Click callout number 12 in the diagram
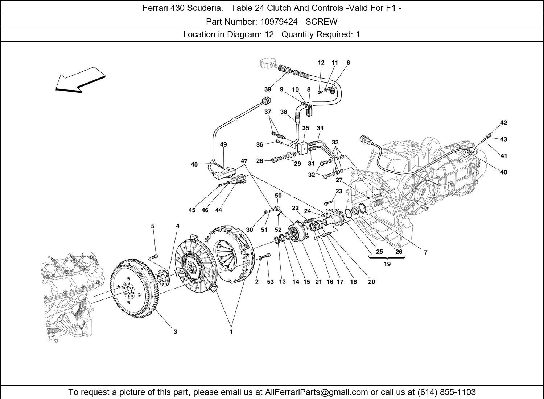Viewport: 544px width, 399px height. point(321,63)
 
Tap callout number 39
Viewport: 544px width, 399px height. point(268,89)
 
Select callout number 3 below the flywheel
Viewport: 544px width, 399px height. point(175,332)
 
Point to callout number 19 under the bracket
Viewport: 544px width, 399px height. point(387,264)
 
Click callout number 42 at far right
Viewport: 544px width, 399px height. point(503,123)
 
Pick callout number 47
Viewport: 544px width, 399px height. point(244,161)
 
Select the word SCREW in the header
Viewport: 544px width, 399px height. point(321,22)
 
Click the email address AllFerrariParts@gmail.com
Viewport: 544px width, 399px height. point(317,392)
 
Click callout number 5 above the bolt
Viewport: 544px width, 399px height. point(153,226)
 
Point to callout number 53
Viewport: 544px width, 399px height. point(270,282)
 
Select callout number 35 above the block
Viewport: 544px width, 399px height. point(306,128)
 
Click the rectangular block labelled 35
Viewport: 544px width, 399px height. point(302,149)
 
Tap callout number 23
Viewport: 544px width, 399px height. point(339,191)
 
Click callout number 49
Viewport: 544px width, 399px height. point(223,144)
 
